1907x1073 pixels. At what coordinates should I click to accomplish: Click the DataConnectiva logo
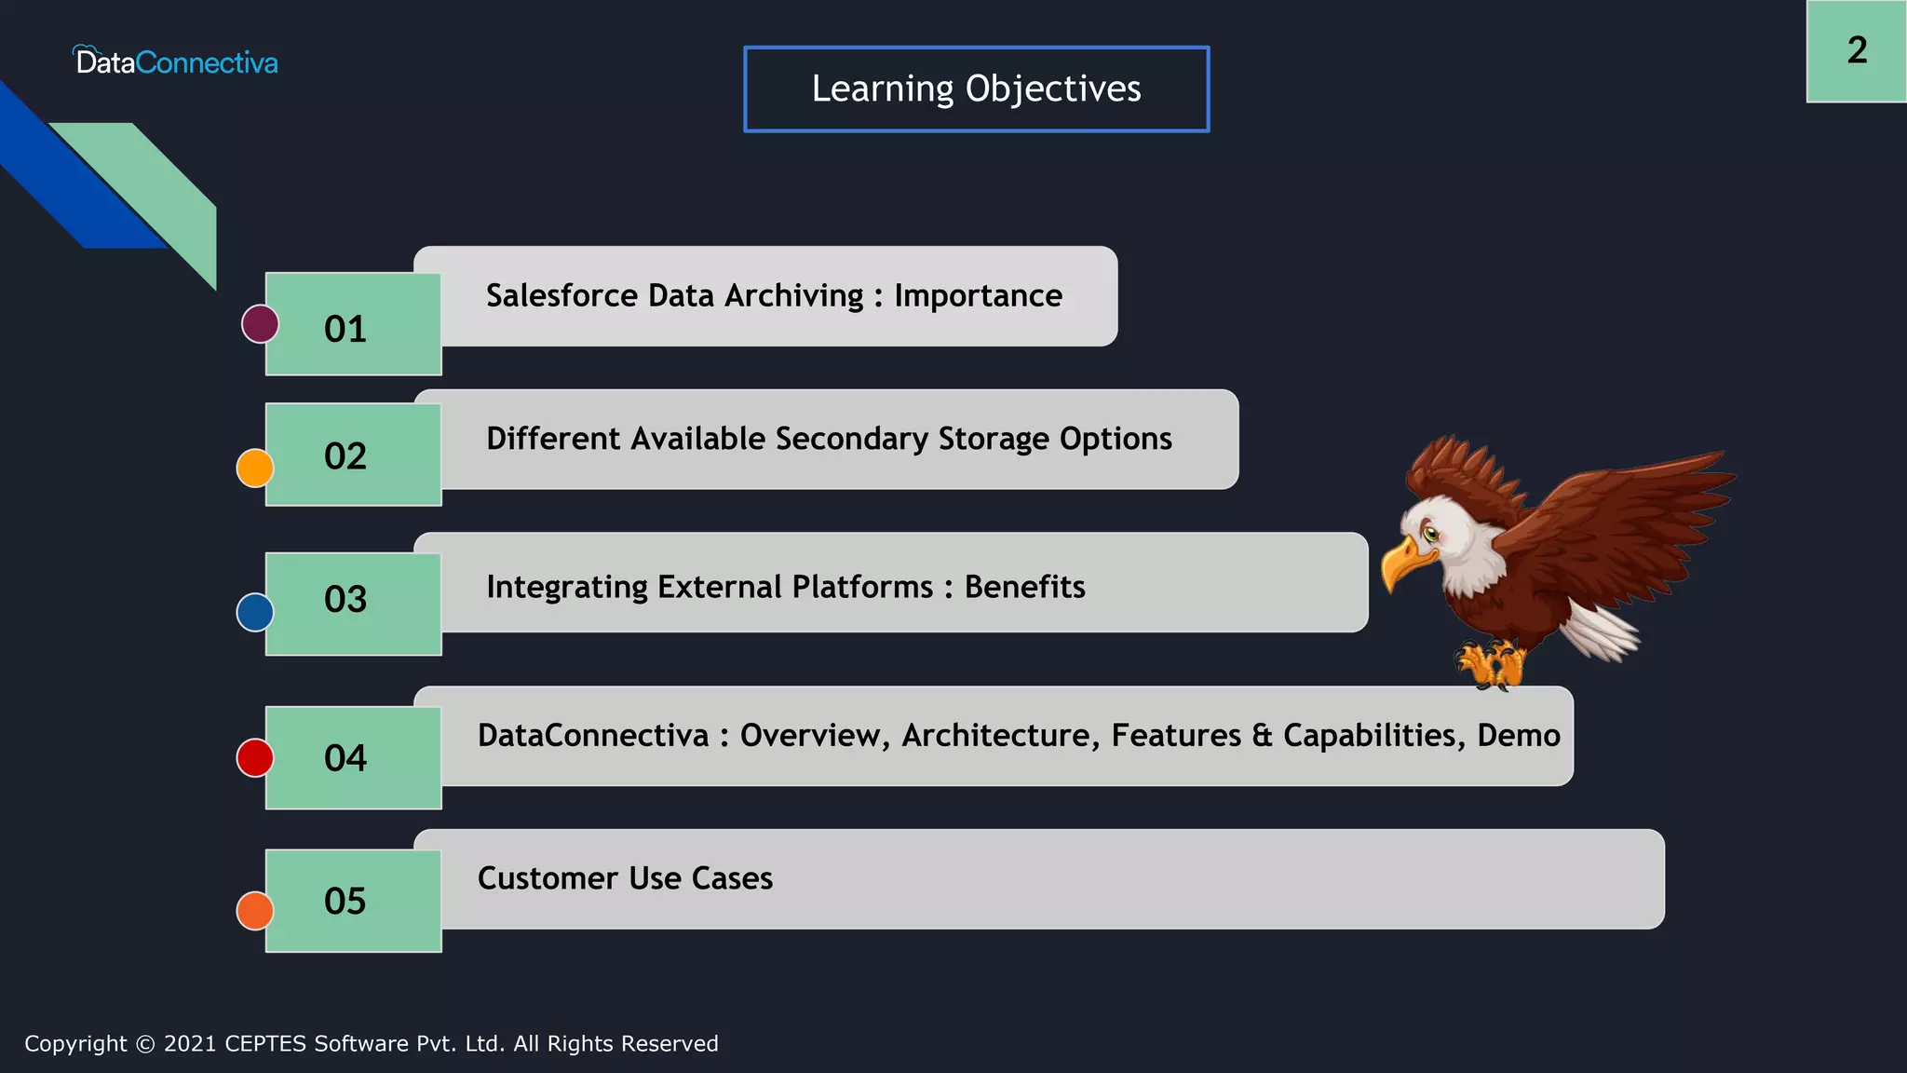[x=176, y=61]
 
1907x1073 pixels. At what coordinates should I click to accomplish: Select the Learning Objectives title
[x=976, y=88]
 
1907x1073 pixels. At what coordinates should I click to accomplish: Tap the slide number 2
[x=1857, y=50]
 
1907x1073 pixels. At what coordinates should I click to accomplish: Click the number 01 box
[x=353, y=325]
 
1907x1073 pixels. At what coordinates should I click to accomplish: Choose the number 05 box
[x=353, y=901]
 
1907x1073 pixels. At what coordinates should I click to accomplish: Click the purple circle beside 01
[x=260, y=324]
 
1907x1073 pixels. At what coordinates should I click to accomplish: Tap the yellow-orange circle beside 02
[x=255, y=468]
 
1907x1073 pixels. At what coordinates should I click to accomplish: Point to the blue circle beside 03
[x=255, y=612]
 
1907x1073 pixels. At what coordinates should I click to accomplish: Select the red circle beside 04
[x=255, y=757]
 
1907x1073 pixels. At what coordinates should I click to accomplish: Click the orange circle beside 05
[x=255, y=910]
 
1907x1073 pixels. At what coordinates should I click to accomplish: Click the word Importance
[x=978, y=296]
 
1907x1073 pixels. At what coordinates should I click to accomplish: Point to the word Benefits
[x=1024, y=587]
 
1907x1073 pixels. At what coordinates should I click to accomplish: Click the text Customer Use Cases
[x=625, y=878]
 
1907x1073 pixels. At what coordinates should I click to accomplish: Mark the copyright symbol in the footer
[x=145, y=1044]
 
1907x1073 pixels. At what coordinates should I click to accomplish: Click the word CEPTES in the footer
[x=265, y=1044]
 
